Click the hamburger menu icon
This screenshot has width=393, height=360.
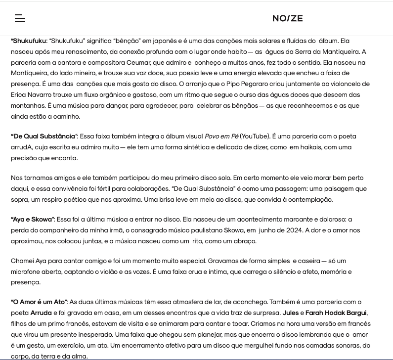(x=20, y=18)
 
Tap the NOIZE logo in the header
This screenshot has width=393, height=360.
(x=287, y=18)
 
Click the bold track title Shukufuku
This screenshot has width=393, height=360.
(x=29, y=41)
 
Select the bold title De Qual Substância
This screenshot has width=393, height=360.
(x=44, y=136)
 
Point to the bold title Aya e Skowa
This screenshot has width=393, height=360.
(x=32, y=220)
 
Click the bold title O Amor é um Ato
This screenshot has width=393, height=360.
(x=39, y=302)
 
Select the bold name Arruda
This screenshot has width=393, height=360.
(x=41, y=313)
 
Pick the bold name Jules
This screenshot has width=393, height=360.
(x=290, y=313)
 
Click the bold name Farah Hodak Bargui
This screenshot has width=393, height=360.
(x=336, y=313)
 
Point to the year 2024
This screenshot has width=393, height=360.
(x=292, y=230)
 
